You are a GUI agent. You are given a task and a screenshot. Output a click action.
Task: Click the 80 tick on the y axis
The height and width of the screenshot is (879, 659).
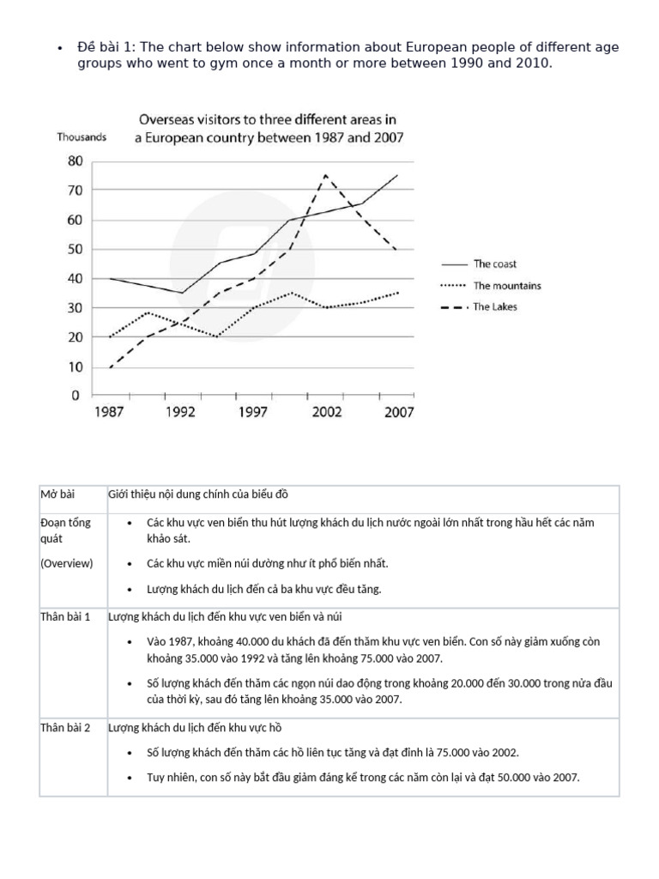[76, 161]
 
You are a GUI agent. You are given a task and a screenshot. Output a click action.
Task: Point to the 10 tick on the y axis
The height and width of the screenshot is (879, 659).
[76, 367]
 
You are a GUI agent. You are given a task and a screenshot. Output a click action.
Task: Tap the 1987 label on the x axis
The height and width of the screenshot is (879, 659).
[109, 412]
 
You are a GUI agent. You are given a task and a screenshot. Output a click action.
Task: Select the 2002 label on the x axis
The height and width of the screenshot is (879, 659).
[326, 412]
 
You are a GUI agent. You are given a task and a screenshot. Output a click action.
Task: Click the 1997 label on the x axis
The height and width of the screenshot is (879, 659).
[254, 412]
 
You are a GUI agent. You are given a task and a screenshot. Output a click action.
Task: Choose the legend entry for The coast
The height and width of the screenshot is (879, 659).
[494, 264]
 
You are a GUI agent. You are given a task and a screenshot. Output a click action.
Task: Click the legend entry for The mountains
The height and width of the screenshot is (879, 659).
[506, 286]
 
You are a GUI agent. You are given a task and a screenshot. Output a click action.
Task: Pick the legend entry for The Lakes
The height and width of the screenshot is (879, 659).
[496, 306]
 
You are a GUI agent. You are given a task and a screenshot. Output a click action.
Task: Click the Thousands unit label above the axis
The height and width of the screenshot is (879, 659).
[82, 137]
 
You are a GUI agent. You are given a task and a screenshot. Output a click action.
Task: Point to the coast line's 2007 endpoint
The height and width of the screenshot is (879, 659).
[398, 175]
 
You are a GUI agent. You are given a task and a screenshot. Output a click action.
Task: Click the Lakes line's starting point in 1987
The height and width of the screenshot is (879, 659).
[110, 367]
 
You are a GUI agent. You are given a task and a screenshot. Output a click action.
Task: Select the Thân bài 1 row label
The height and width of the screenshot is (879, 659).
[64, 617]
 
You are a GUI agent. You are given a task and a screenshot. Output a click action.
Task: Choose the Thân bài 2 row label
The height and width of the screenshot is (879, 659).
[64, 728]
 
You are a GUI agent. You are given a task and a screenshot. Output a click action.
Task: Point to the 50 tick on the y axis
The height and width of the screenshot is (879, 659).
[76, 249]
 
